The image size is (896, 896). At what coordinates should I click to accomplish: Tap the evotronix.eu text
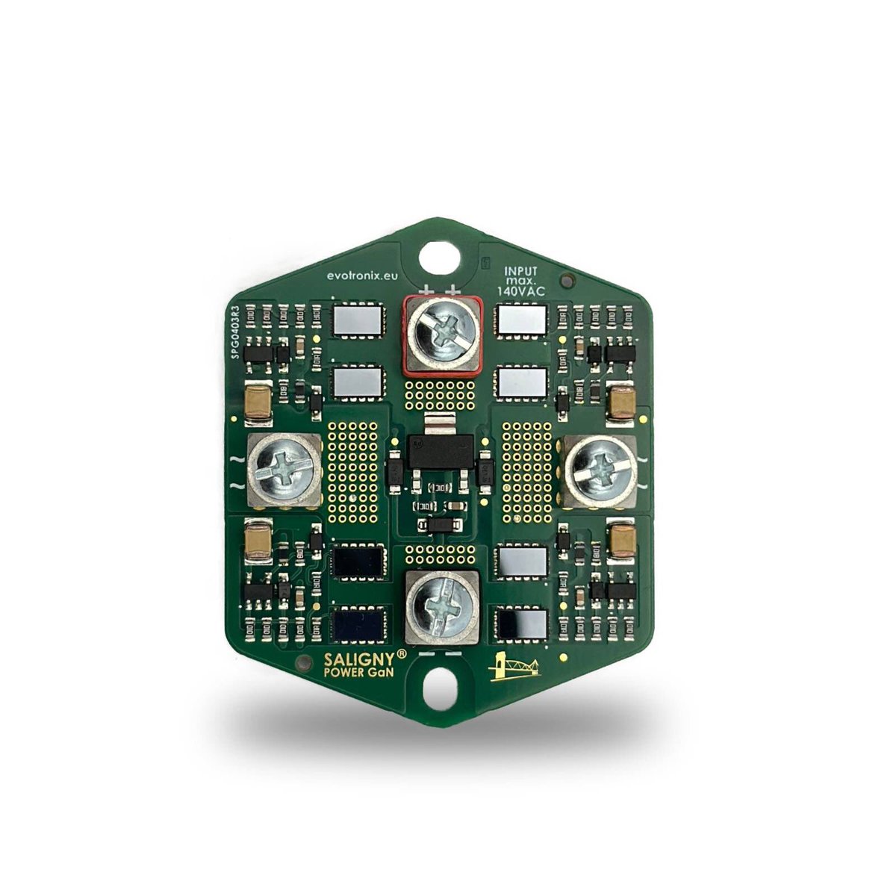point(360,275)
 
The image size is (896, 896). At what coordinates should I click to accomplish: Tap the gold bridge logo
point(514,666)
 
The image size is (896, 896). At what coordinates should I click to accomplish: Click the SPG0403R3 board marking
point(235,332)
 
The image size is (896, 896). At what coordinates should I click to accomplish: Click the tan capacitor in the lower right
point(621,540)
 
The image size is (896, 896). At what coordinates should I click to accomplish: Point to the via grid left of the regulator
point(353,470)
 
